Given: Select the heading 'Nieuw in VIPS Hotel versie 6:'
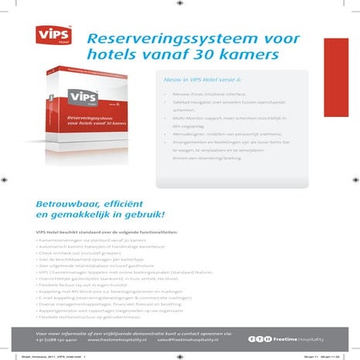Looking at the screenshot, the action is (203, 80).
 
